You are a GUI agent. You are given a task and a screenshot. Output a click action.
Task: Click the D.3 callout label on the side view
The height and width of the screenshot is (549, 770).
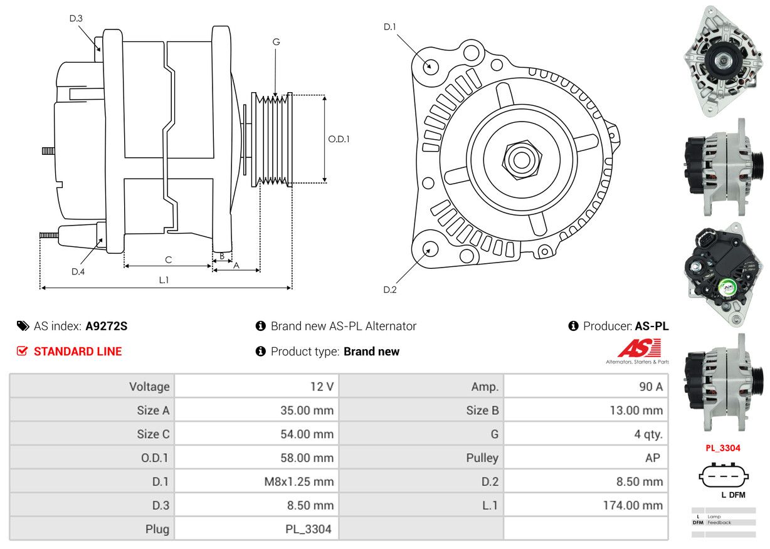pos(76,18)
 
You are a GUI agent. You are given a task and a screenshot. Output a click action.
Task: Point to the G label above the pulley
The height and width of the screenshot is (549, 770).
pos(276,42)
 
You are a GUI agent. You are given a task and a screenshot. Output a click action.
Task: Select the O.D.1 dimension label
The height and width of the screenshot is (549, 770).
pos(339,139)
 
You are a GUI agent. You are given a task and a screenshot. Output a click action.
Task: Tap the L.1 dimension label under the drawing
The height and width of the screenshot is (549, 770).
pos(164,280)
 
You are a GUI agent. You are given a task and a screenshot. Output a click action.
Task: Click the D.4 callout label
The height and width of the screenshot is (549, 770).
pos(78,271)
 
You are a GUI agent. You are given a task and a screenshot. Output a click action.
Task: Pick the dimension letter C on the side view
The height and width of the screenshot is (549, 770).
pos(168,259)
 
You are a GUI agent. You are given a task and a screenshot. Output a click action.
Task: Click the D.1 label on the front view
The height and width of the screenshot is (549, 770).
pos(390,27)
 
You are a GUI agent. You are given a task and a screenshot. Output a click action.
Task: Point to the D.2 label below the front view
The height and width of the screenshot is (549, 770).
pos(390,290)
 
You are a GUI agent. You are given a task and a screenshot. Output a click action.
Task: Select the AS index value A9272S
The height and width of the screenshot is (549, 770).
pos(106,326)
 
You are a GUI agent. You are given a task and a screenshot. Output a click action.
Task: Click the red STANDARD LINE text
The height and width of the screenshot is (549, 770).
pos(78,352)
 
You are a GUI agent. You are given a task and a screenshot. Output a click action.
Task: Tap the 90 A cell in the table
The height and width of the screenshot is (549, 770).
pos(650,387)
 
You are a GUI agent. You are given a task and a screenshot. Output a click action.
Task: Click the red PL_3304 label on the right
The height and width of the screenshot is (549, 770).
pos(722,448)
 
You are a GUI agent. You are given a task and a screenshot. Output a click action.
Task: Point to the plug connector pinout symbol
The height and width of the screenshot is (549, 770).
pos(723,476)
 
